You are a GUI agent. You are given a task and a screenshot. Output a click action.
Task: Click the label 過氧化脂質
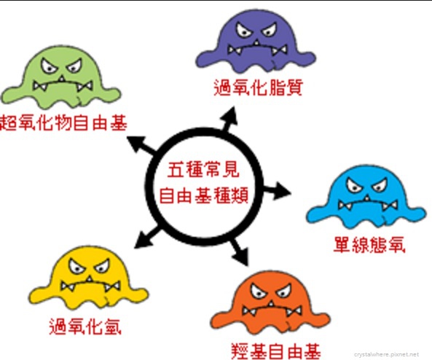click(x=259, y=87)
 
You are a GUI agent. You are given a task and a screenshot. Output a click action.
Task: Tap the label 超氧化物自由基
click(x=63, y=122)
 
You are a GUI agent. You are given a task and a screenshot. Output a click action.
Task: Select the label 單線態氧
click(x=369, y=245)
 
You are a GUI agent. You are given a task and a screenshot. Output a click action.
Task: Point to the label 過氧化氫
click(x=85, y=326)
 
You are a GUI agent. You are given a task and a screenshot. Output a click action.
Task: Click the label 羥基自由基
click(x=276, y=351)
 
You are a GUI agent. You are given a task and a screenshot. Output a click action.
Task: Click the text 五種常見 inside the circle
click(x=203, y=170)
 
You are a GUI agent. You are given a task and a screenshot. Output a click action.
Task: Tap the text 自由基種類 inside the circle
click(x=204, y=195)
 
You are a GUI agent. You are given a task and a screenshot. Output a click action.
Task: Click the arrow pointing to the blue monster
click(x=277, y=190)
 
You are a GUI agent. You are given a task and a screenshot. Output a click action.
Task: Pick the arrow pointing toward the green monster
click(x=141, y=145)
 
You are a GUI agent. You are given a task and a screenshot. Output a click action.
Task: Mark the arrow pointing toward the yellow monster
click(x=146, y=237)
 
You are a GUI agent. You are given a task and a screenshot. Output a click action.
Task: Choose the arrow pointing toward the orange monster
click(x=240, y=251)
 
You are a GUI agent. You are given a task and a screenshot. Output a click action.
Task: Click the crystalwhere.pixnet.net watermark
click(x=386, y=354)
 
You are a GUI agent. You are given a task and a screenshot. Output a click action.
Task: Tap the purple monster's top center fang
click(x=256, y=43)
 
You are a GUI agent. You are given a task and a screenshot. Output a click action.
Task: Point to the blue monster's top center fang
click(x=367, y=198)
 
